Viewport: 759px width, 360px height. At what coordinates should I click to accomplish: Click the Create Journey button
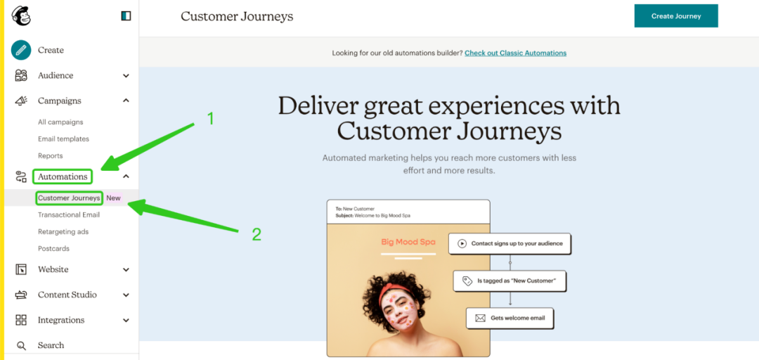tap(676, 16)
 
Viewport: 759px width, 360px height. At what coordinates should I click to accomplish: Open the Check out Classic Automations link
tap(516, 53)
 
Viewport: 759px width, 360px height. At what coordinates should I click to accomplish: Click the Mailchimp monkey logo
tap(21, 16)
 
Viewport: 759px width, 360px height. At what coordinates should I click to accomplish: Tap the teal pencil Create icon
tap(21, 50)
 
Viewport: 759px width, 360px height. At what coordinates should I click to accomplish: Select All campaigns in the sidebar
tap(60, 122)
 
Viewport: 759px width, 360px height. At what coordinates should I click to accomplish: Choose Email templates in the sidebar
tap(63, 139)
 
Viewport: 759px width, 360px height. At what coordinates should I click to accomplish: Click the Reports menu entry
tap(51, 156)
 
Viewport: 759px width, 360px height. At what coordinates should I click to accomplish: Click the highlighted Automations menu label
tap(63, 176)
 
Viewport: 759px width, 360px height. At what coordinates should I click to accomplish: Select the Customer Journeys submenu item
tap(69, 198)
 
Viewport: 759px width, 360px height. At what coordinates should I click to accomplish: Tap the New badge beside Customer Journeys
tap(114, 198)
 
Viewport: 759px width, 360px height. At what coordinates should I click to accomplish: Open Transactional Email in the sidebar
tap(69, 214)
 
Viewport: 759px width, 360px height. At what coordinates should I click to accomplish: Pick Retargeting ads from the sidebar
tap(63, 231)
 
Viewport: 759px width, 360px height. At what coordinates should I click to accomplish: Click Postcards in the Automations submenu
tap(53, 249)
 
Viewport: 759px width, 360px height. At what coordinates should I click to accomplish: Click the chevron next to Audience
tap(126, 75)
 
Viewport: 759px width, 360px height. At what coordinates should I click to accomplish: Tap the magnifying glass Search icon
tap(21, 345)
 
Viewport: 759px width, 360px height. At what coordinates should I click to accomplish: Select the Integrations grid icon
tap(21, 320)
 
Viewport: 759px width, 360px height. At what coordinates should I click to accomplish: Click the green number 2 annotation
tap(257, 235)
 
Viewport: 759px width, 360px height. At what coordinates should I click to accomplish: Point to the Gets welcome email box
tap(510, 319)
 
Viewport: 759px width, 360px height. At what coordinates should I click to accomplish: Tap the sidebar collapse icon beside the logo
tap(126, 16)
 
